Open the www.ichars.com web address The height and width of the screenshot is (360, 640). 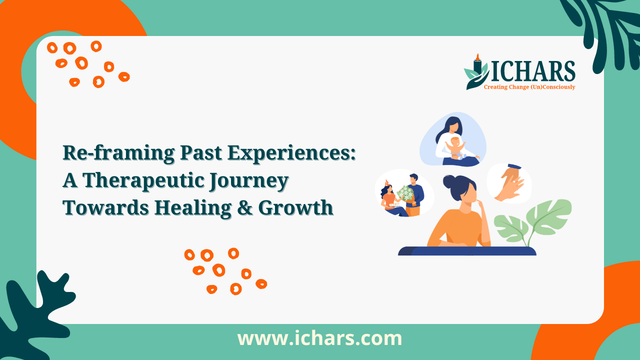(x=319, y=338)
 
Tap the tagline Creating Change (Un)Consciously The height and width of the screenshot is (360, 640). (x=529, y=87)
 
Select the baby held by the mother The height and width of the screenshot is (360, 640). (x=455, y=148)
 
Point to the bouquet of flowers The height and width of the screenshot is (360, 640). (x=405, y=193)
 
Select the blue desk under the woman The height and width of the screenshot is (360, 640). (x=467, y=251)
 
